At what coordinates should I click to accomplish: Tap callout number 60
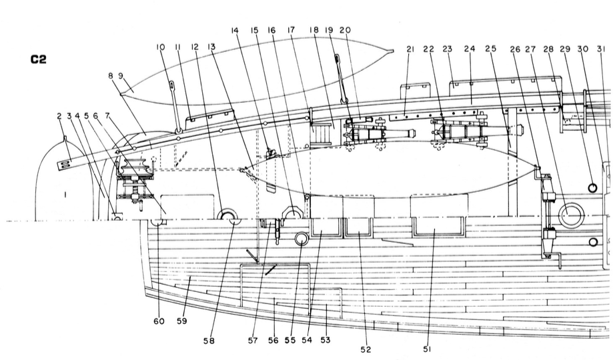pyautogui.click(x=159, y=322)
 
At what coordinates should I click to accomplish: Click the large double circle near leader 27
pyautogui.click(x=572, y=215)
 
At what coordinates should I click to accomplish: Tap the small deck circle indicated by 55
pyautogui.click(x=301, y=239)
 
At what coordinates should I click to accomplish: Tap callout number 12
pyautogui.click(x=195, y=47)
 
